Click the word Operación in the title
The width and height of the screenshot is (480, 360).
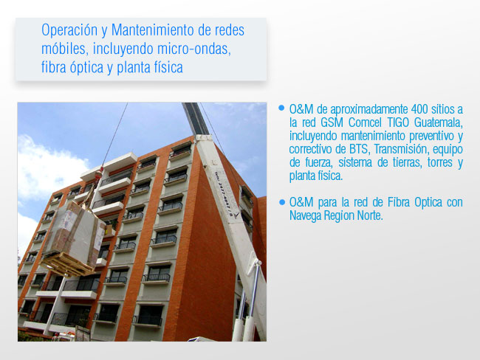pos(69,30)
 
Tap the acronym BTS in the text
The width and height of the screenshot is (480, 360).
pos(358,149)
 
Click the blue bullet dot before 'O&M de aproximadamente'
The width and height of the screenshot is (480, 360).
pos(281,108)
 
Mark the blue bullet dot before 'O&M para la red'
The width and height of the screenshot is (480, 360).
pos(281,202)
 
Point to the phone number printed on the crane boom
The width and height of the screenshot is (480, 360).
pos(224,195)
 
